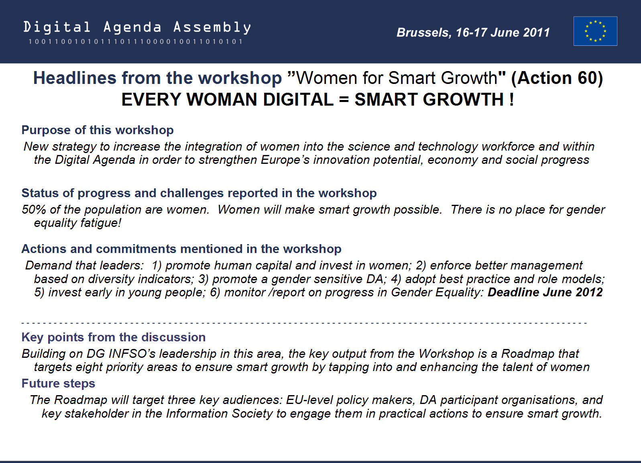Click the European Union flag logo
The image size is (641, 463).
click(595, 31)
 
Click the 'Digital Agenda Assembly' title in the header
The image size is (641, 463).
click(137, 27)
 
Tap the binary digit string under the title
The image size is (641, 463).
click(136, 41)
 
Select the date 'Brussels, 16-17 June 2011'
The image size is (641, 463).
click(473, 33)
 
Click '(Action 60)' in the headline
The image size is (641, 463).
click(557, 78)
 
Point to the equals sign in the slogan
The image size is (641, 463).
click(344, 100)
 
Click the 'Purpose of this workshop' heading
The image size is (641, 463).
click(98, 130)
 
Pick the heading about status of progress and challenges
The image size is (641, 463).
click(199, 193)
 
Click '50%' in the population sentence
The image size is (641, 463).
click(34, 210)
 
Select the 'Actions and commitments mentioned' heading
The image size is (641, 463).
click(181, 249)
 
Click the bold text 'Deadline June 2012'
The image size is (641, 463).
click(545, 292)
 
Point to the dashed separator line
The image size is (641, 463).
click(304, 323)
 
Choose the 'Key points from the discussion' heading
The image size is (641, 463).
click(114, 337)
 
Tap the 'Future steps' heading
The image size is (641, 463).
click(58, 383)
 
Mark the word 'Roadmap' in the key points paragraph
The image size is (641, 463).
click(528, 354)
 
